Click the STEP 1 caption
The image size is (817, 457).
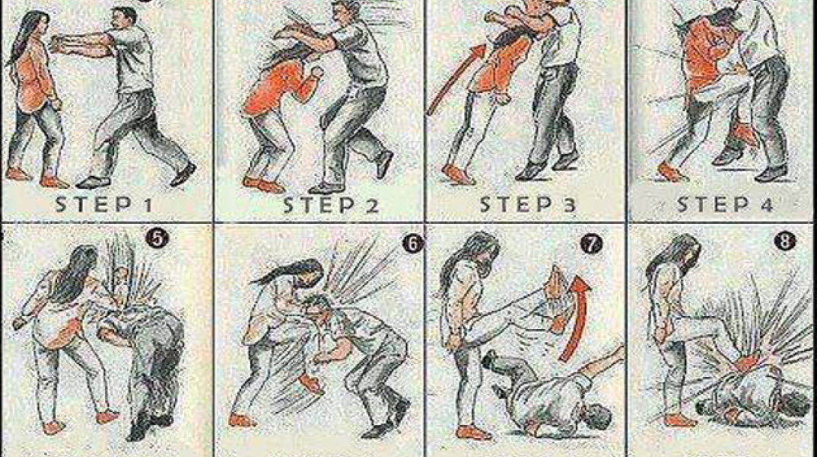[x=104, y=204]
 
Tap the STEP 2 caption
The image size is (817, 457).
[x=332, y=205]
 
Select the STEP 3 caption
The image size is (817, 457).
[x=527, y=204]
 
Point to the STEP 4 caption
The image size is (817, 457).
[x=725, y=204]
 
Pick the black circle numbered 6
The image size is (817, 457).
[x=412, y=243]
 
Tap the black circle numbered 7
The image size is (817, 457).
[x=591, y=244]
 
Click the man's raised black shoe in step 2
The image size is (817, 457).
[x=384, y=163]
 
